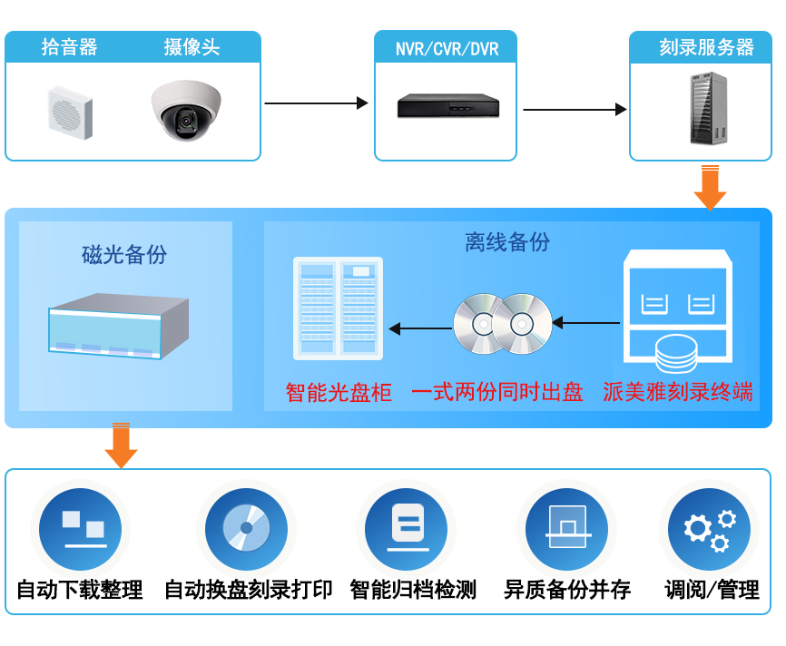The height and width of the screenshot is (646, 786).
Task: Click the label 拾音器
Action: tap(69, 47)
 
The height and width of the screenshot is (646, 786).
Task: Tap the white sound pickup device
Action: tap(70, 112)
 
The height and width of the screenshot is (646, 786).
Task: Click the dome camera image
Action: tap(185, 111)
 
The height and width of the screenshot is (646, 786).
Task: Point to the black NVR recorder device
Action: tap(448, 107)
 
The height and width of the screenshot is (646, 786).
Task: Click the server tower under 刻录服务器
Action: tap(708, 109)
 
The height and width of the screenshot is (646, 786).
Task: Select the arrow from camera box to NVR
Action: tap(316, 103)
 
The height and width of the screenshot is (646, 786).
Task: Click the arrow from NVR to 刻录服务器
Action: tap(575, 110)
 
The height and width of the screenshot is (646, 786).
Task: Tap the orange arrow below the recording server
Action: tap(710, 188)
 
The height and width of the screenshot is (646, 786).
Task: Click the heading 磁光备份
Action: tap(124, 255)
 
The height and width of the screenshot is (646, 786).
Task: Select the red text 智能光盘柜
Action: tap(339, 393)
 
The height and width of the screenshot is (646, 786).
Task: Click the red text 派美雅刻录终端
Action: tap(678, 393)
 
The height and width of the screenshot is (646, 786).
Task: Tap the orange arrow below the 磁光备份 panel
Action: tap(121, 445)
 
